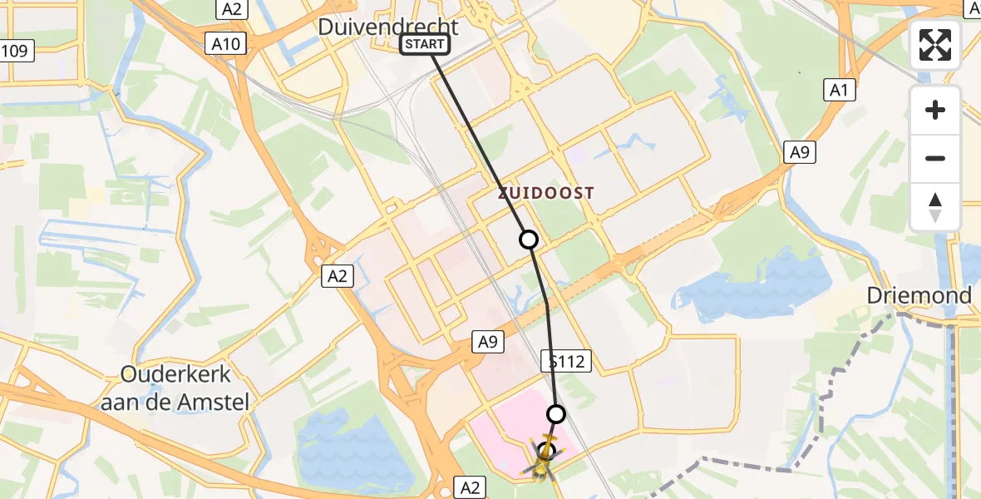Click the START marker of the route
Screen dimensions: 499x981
(x=425, y=45)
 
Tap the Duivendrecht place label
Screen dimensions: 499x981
(x=388, y=27)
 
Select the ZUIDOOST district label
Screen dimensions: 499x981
(x=546, y=193)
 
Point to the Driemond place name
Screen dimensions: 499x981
(x=919, y=295)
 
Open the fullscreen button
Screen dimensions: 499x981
(x=935, y=45)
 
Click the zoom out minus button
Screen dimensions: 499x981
(x=935, y=158)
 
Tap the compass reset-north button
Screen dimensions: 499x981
(x=935, y=207)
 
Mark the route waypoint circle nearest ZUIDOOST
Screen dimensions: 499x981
(x=529, y=240)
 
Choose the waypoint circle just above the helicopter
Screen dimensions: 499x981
(x=556, y=413)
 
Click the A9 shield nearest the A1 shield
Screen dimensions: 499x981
(x=799, y=151)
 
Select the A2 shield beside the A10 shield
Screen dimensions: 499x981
(x=232, y=9)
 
